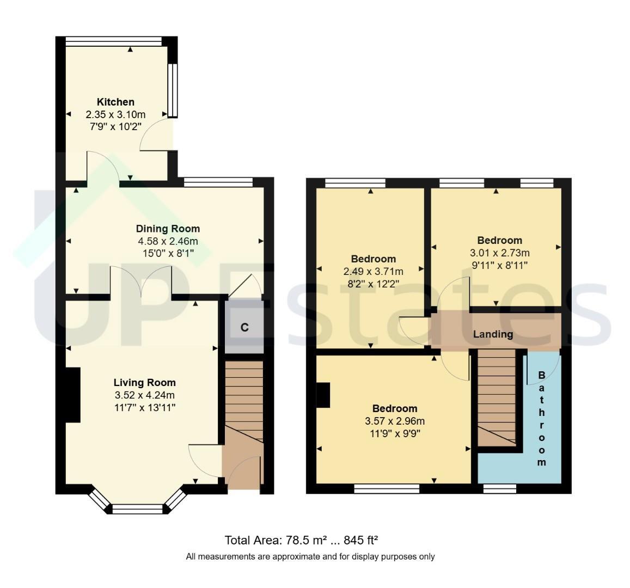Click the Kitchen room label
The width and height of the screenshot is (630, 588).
coord(116,102)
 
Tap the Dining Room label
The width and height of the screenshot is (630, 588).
coord(168,229)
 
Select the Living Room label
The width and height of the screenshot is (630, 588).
coord(145,383)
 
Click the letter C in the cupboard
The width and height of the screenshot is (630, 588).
coord(244,328)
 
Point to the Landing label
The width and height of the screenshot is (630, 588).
coord(493,334)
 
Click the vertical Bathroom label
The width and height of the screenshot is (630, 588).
coord(541,419)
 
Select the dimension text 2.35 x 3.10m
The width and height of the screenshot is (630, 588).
coord(116,115)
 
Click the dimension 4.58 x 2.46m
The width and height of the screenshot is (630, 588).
coord(168,241)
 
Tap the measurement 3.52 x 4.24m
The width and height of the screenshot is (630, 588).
coord(145,395)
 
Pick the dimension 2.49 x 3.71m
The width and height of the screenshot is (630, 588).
coord(373,272)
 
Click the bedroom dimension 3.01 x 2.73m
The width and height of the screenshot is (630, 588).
coord(500,253)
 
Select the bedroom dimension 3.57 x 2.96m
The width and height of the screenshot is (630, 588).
coord(395,421)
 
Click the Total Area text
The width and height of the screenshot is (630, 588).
coord(301,540)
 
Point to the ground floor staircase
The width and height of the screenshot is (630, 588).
coord(244,402)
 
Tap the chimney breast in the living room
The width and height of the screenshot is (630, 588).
coord(73,395)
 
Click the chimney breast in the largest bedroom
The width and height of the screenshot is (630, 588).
coord(323,395)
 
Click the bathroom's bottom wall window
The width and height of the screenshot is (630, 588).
coord(500,488)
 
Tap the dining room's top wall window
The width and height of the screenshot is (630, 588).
coord(218,182)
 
